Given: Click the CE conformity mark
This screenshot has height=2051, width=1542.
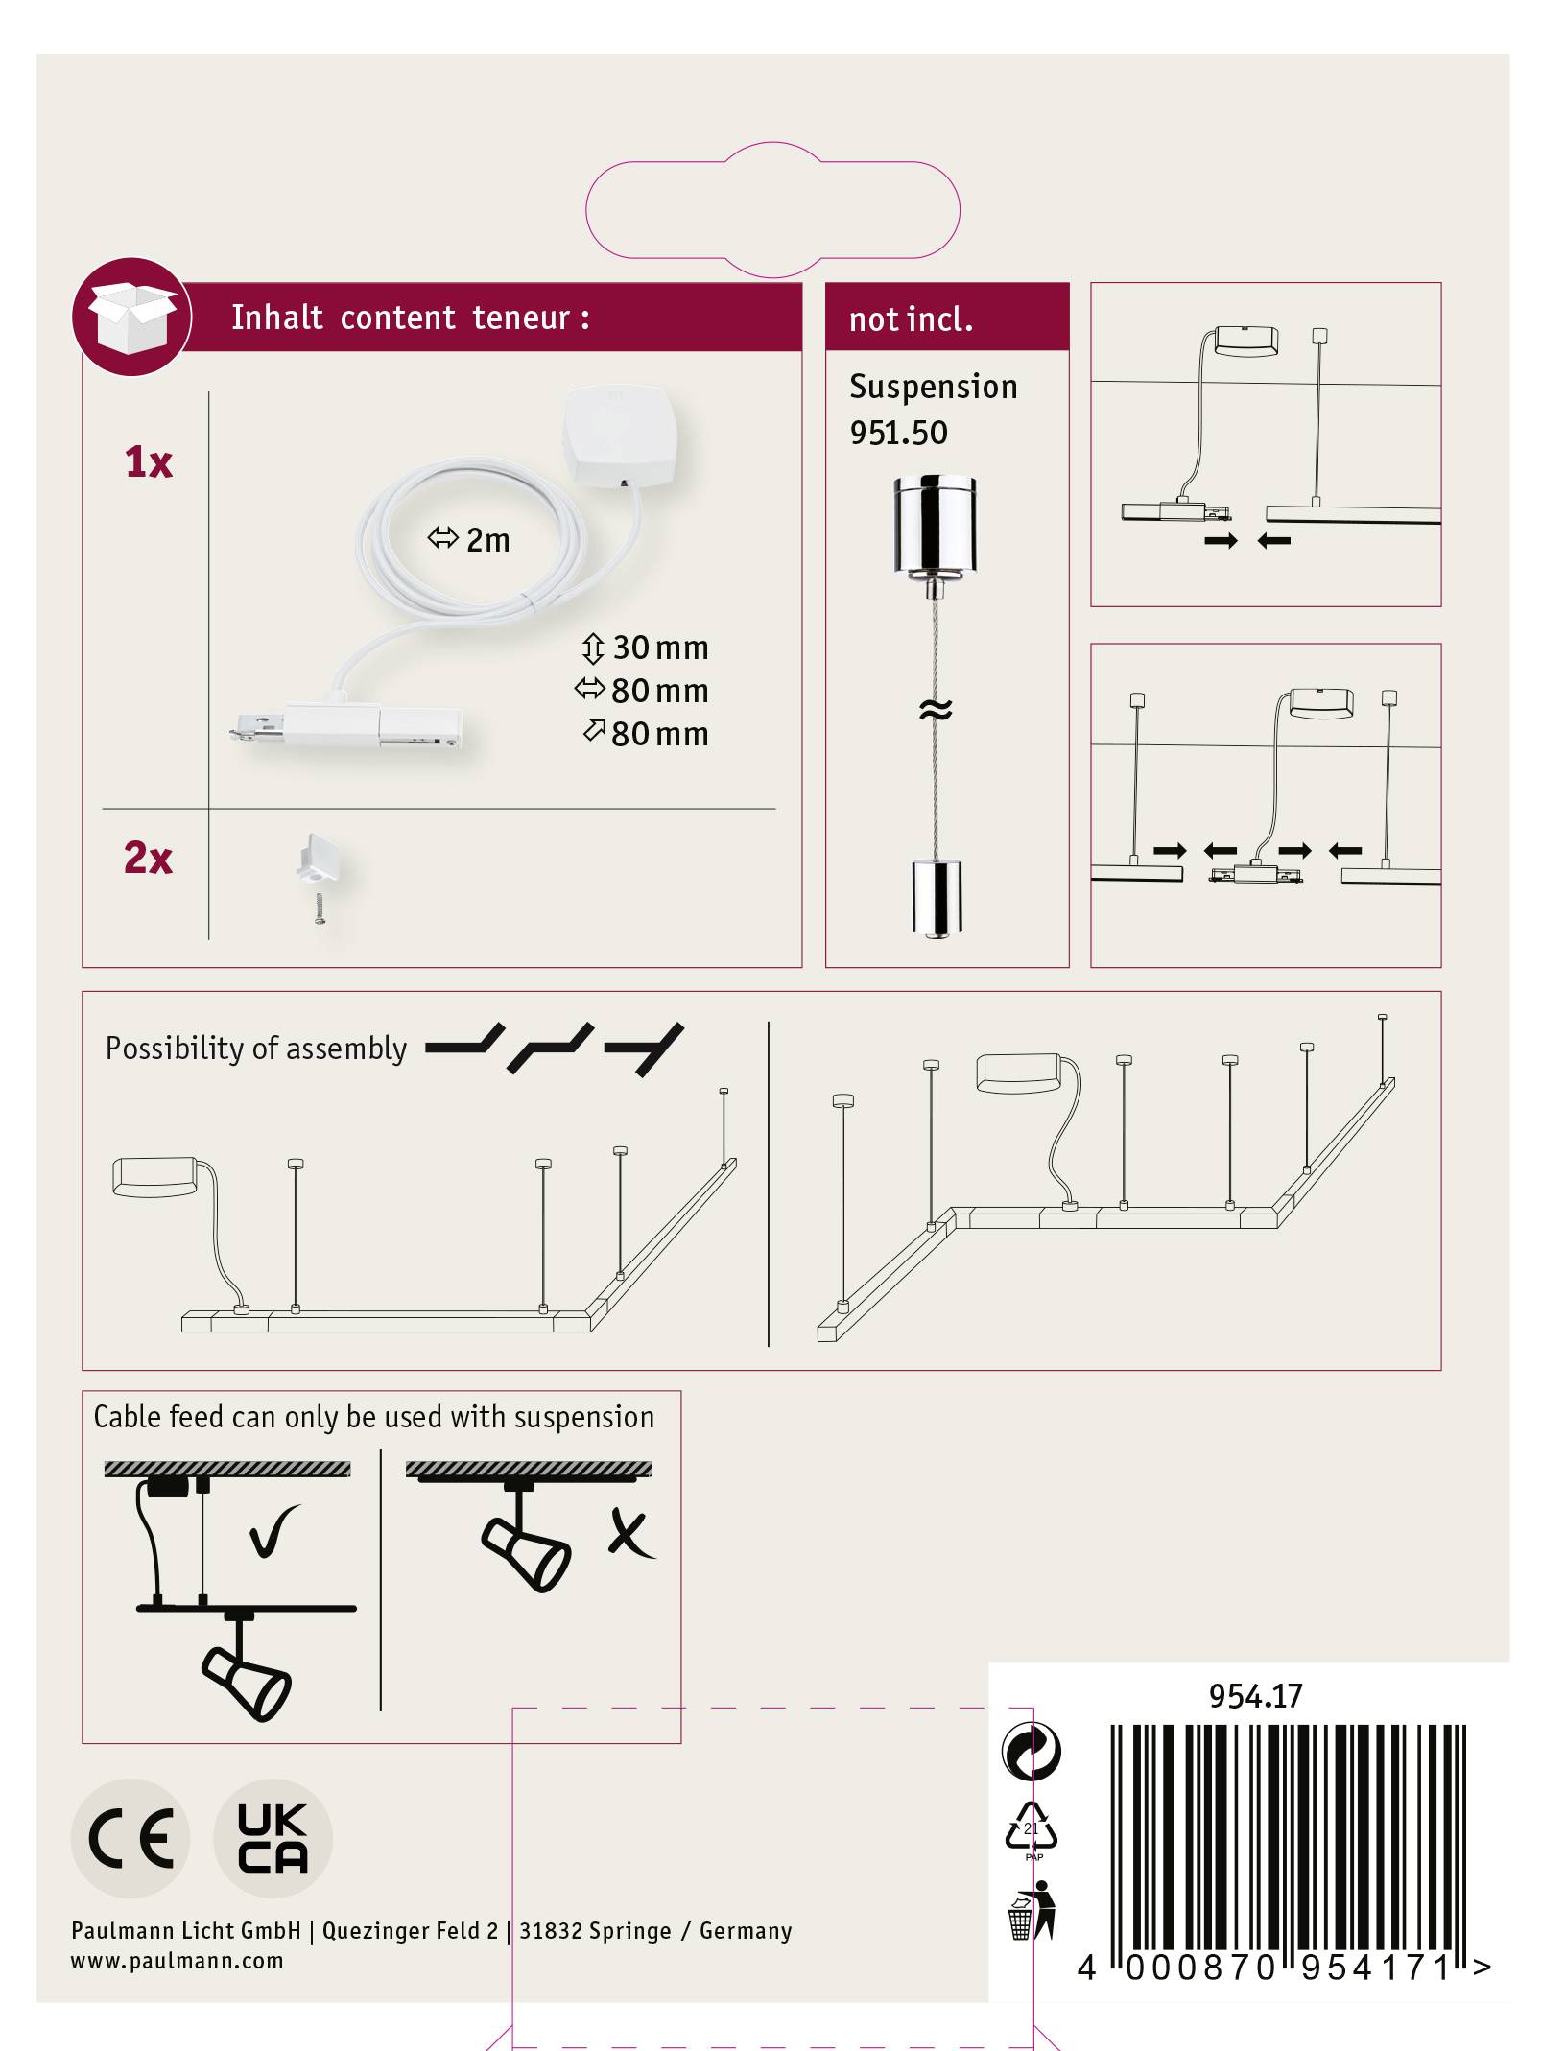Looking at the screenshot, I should pyautogui.click(x=130, y=1838).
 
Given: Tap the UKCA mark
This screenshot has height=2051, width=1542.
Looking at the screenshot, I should pyautogui.click(x=273, y=1838).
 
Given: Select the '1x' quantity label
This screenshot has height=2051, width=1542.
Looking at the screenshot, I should pyautogui.click(x=149, y=462).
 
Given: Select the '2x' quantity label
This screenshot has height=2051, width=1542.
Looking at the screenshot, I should pyautogui.click(x=148, y=858).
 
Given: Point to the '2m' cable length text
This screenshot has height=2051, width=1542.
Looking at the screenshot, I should pyautogui.click(x=487, y=540).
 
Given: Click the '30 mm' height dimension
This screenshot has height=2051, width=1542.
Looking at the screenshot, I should pyautogui.click(x=659, y=648).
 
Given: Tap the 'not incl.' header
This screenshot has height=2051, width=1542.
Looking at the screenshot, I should pyautogui.click(x=911, y=318).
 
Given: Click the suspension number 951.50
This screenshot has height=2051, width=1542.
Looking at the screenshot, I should pyautogui.click(x=898, y=433).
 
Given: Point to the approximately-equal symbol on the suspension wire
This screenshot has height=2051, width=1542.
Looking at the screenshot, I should pyautogui.click(x=936, y=710).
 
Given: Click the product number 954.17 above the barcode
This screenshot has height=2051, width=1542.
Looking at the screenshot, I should pyautogui.click(x=1255, y=1696).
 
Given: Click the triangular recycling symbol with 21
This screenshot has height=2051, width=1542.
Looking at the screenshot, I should pyautogui.click(x=1032, y=1827).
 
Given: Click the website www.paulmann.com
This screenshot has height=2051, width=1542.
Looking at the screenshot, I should pyautogui.click(x=178, y=1961).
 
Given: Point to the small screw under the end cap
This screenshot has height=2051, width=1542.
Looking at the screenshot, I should pyautogui.click(x=320, y=908).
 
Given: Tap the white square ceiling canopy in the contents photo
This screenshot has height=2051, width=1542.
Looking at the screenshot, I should pyautogui.click(x=620, y=434).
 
